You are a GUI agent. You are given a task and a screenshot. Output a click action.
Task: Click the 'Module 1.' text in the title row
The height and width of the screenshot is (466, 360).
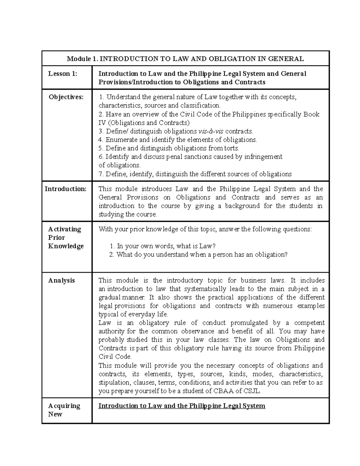click(x=82, y=59)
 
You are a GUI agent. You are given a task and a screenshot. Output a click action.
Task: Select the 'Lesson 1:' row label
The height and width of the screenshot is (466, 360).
click(x=63, y=74)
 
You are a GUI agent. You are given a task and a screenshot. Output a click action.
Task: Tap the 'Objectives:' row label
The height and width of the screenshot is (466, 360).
click(x=66, y=97)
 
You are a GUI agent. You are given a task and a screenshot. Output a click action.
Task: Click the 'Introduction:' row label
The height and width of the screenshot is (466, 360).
click(x=65, y=189)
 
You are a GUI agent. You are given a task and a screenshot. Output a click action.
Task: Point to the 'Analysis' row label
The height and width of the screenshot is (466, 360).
click(x=61, y=281)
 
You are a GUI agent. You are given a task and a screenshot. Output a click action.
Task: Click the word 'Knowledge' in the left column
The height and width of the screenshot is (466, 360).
click(x=66, y=246)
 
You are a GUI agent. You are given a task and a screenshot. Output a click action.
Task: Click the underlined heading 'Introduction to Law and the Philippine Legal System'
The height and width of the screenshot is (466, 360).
click(x=182, y=406)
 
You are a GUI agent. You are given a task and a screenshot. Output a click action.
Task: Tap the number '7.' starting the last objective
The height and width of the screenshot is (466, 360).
click(x=101, y=174)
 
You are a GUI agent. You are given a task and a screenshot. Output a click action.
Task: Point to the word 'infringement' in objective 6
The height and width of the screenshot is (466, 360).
click(x=263, y=157)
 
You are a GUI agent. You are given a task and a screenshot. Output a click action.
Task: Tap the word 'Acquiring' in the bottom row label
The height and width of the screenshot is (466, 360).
click(x=64, y=406)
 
